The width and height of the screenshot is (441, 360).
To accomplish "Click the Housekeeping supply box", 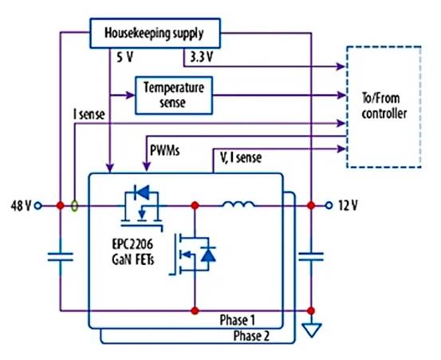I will [152, 35].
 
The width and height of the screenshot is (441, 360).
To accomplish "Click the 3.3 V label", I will [202, 58].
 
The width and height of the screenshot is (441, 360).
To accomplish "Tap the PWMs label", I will [165, 149].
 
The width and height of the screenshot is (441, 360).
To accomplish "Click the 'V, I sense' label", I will [243, 157].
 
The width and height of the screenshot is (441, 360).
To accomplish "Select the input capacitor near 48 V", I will [60, 256].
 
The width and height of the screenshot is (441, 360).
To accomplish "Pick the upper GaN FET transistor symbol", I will [141, 203].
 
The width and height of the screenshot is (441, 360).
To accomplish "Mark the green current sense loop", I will [75, 205].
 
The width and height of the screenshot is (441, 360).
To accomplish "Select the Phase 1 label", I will [237, 319].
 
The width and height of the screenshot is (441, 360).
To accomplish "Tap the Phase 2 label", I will [250, 335].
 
